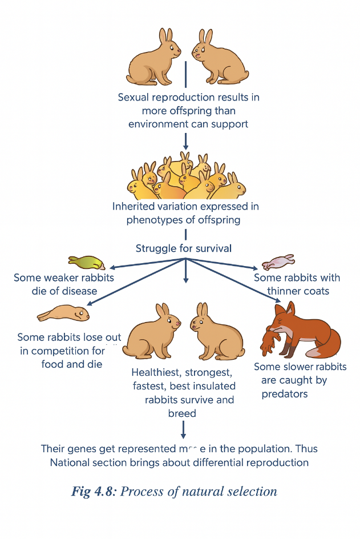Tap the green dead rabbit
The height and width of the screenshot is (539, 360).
click(87, 262)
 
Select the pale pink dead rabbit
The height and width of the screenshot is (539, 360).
click(278, 262)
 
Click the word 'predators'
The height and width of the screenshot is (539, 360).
click(285, 394)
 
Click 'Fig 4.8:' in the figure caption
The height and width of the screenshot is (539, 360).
click(95, 491)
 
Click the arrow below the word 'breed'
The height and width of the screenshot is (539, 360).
click(183, 429)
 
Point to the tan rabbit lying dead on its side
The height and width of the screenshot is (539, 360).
click(64, 313)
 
